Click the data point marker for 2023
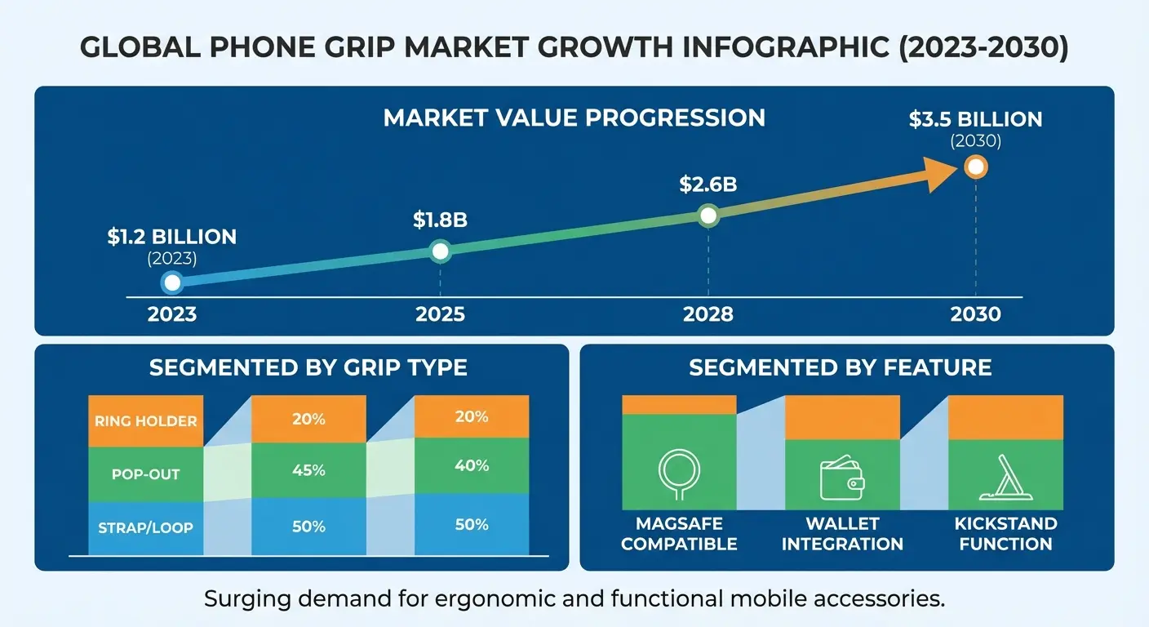[172, 282]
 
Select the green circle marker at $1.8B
[440, 251]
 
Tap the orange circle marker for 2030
[976, 167]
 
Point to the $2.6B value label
[708, 185]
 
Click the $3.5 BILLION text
[975, 119]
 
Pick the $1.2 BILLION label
[172, 237]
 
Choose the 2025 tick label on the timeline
[440, 314]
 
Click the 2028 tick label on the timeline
[708, 314]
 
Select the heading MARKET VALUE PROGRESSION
[574, 118]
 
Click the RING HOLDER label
[146, 421]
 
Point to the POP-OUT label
[146, 474]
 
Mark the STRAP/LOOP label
[146, 527]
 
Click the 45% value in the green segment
[308, 471]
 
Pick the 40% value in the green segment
[472, 466]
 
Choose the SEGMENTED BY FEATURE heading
[841, 367]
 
